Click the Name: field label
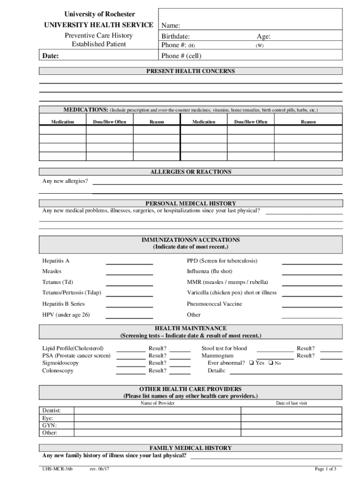point(171,26)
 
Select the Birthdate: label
point(175,36)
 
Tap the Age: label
point(263,36)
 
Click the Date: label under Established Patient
point(50,56)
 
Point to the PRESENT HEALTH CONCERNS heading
point(190,71)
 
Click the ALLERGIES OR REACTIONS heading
point(190,172)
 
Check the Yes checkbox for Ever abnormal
point(252,363)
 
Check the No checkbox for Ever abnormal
point(271,363)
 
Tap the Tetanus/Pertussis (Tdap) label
point(72,293)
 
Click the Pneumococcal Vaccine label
point(214,304)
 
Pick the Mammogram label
point(217,356)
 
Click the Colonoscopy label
point(58,370)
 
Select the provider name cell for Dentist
point(157,411)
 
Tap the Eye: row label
point(48,418)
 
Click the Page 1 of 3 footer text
point(325,469)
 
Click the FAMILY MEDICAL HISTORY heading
point(190,448)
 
